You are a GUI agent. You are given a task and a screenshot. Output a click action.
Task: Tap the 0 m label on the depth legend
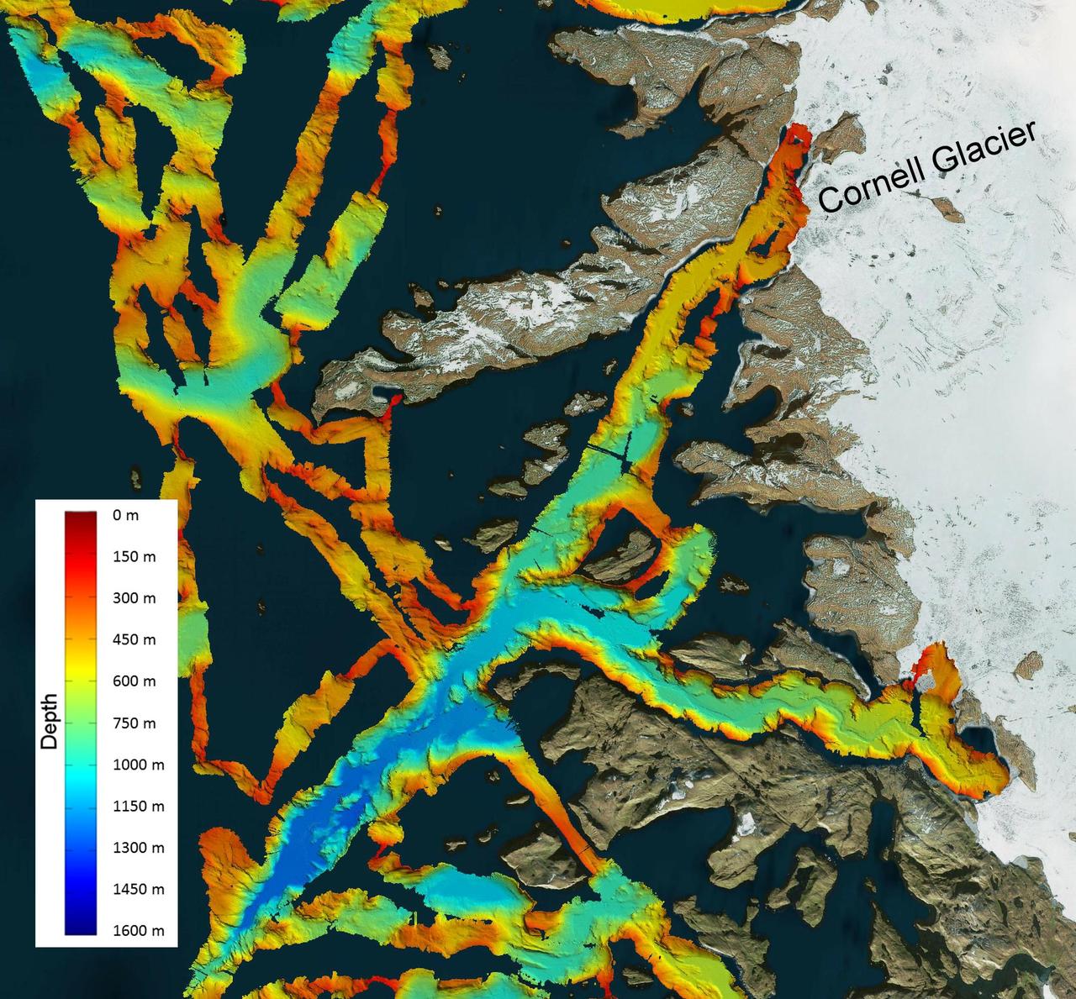125,516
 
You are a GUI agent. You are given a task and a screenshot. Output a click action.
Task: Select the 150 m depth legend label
134,557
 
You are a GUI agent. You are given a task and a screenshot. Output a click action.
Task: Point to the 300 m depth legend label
134,598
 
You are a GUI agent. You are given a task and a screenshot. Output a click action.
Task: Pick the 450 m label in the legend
134,640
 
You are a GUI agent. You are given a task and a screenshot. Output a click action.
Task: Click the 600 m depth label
134,681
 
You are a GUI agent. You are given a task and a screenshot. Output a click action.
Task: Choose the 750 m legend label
134,723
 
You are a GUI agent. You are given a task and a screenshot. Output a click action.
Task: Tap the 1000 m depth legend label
138,765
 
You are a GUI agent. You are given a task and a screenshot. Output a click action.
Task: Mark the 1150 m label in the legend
138,806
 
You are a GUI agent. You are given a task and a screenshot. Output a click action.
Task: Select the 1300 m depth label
138,848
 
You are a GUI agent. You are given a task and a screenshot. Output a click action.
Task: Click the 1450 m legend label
138,889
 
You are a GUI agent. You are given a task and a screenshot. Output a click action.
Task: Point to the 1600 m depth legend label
138,931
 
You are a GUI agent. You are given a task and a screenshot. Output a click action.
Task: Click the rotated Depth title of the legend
50,722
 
